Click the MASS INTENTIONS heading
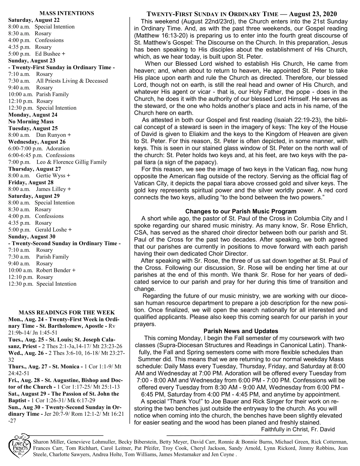pos(67,13)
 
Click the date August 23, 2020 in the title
pos(313,14)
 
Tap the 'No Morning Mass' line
pos(31,122)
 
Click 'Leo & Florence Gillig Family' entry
pos(71,162)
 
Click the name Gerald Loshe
pos(51,230)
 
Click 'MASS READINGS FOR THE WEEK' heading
pos(67,312)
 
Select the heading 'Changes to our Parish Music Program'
pos(241,211)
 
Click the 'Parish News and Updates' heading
pos(241,331)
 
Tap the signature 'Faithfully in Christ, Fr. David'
pos(298,429)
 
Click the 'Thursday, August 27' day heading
pos(35,169)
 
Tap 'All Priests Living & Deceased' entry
pos(72,81)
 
